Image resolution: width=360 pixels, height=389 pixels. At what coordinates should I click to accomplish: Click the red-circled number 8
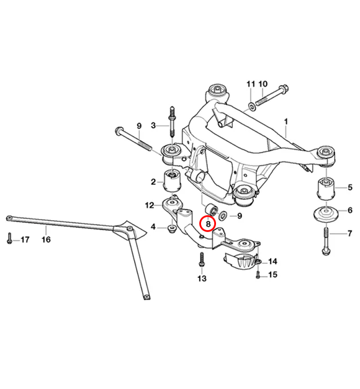coord(208,222)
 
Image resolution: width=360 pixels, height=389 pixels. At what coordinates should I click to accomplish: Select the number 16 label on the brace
coord(45,238)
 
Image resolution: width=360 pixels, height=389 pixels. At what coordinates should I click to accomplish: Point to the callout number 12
coord(150,205)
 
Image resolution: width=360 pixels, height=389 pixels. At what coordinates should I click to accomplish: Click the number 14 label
coord(272,261)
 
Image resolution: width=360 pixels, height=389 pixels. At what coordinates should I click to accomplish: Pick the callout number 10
coord(263,84)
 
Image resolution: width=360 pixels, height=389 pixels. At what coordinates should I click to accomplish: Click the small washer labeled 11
coord(251,106)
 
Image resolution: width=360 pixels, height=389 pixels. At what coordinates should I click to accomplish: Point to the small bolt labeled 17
coord(9,238)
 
